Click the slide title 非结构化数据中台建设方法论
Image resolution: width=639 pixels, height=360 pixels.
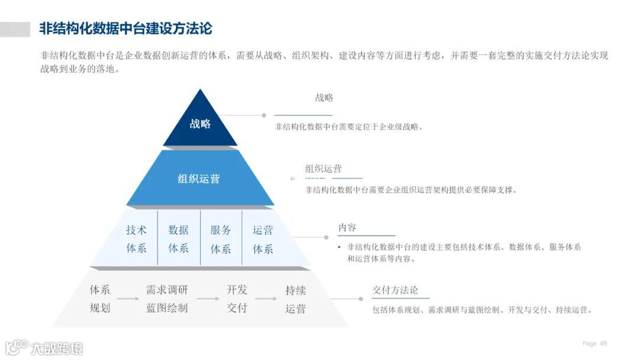pyautogui.click(x=126, y=28)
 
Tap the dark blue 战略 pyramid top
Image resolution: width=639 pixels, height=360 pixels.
pyautogui.click(x=200, y=124)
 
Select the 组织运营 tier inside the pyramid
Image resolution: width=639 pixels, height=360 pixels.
pyautogui.click(x=199, y=178)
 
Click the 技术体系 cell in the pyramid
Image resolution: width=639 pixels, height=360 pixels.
pyautogui.click(x=136, y=239)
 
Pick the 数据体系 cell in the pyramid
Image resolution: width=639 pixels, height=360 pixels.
pyautogui.click(x=178, y=239)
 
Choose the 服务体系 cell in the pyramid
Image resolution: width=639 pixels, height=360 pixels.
pyautogui.click(x=221, y=239)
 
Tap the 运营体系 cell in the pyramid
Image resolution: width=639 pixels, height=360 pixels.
pyautogui.click(x=263, y=239)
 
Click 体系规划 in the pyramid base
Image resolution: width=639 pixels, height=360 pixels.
pyautogui.click(x=100, y=299)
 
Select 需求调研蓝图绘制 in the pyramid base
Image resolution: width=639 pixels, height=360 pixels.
pyautogui.click(x=167, y=299)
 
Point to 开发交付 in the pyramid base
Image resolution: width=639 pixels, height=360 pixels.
pyautogui.click(x=237, y=299)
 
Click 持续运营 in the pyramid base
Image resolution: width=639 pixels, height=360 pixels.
pyautogui.click(x=296, y=299)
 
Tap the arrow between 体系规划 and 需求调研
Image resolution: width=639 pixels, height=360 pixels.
pyautogui.click(x=128, y=298)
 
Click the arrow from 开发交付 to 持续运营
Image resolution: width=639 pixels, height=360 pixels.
pyautogui.click(x=266, y=298)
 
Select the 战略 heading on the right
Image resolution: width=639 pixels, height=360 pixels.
pyautogui.click(x=324, y=98)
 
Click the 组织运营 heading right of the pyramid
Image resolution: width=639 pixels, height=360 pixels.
pyautogui.click(x=323, y=169)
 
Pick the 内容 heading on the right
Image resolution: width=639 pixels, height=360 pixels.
pyautogui.click(x=347, y=228)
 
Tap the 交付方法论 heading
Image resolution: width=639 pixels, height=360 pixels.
pyautogui.click(x=395, y=290)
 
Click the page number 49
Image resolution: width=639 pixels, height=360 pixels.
pyautogui.click(x=603, y=343)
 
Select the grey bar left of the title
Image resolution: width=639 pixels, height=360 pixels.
pyautogui.click(x=15, y=29)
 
